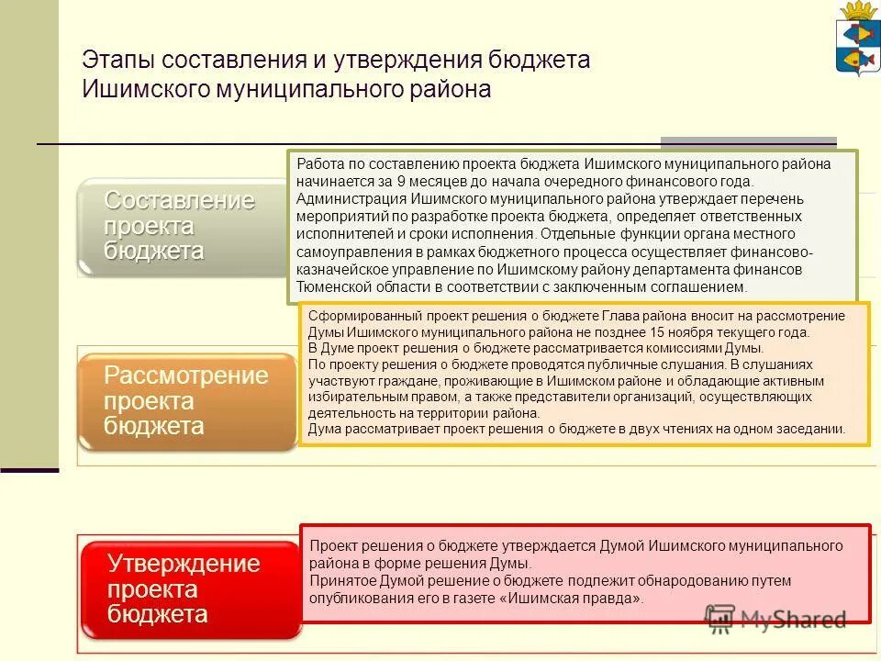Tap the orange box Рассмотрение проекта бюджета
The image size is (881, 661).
tap(186, 401)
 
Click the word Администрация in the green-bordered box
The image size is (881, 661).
tap(351, 198)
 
